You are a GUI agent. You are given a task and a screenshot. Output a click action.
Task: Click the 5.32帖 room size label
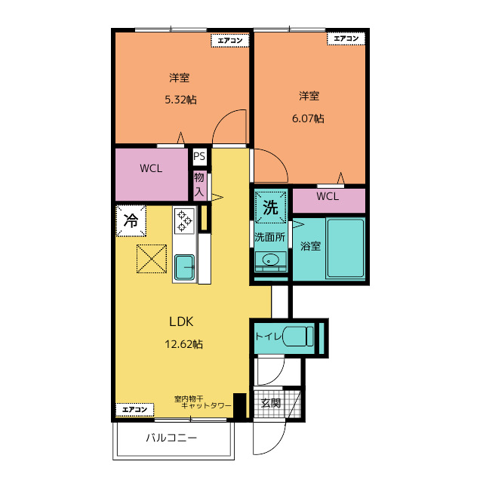coord(180,100)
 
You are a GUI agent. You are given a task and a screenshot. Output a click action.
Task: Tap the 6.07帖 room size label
coord(308,118)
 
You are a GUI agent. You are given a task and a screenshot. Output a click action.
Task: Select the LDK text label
coord(181,322)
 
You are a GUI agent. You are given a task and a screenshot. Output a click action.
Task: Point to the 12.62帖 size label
coord(183,344)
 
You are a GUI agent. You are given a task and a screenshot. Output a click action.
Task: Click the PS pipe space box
coord(199,156)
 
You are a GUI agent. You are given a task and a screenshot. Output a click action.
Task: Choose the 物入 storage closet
coord(199,186)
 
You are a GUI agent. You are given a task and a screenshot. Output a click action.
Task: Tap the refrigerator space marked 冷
coord(131,221)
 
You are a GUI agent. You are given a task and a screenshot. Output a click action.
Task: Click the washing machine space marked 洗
coord(270,207)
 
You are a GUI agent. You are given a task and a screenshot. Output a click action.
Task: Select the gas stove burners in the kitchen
coord(184,221)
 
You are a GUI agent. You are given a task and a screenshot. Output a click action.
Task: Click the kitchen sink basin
coord(184,267)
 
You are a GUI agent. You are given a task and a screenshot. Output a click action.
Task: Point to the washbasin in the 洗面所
coord(270,260)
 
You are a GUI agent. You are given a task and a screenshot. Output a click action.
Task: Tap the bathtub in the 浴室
coord(346,248)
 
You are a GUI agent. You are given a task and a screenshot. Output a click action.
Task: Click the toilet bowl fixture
coord(298,336)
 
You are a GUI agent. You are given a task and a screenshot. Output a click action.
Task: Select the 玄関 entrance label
coord(271,403)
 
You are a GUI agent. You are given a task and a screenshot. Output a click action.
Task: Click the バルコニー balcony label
coord(171,438)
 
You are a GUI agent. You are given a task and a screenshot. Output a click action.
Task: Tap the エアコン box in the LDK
coord(134,410)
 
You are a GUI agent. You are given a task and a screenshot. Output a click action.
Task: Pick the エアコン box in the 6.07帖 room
coord(346,38)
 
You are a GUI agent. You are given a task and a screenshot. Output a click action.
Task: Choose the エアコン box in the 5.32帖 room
coord(229,40)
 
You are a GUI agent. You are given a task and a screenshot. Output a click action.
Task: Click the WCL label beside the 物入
coord(151,168)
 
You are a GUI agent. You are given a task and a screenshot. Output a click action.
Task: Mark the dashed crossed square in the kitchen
coord(152,259)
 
